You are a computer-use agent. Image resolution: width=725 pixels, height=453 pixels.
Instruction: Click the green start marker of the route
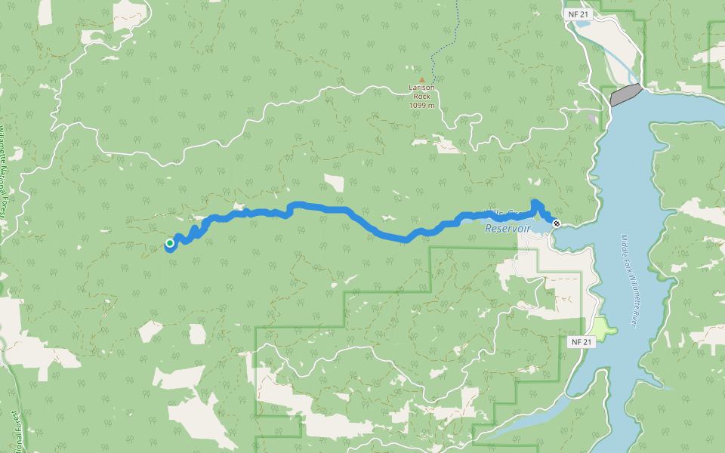pyautogui.click(x=170, y=242)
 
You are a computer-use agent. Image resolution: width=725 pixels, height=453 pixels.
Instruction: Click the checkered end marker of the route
pyautogui.click(x=557, y=223)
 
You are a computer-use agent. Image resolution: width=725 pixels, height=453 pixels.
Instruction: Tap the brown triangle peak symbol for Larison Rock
pyautogui.click(x=422, y=79)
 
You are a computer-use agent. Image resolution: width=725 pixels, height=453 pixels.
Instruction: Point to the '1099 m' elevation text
pyautogui.click(x=422, y=105)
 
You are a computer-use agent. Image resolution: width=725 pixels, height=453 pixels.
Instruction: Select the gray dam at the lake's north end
pyautogui.click(x=625, y=95)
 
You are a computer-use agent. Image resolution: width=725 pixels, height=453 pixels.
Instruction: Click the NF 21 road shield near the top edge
pyautogui.click(x=579, y=14)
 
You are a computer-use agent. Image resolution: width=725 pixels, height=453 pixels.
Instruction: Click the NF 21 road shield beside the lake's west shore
pyautogui.click(x=579, y=342)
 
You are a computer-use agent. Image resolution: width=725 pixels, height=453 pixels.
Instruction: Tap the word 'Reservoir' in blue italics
pyautogui.click(x=508, y=228)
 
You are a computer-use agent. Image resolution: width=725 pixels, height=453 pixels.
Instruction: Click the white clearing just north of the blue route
pyautogui.click(x=334, y=183)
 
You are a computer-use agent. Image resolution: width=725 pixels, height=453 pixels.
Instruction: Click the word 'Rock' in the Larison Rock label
pyautogui.click(x=422, y=96)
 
